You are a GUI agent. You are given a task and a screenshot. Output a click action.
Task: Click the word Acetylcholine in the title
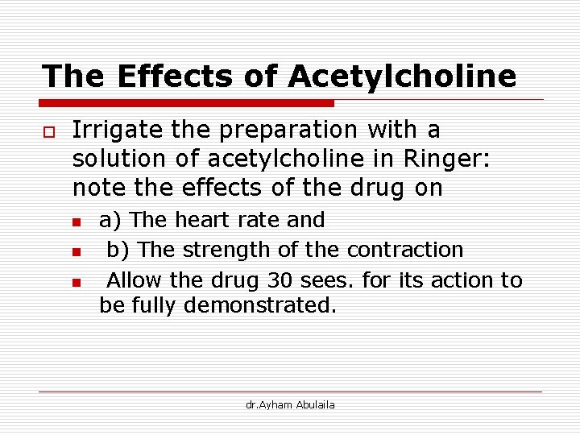pos(401,77)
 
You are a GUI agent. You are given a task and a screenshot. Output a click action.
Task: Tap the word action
pos(462,281)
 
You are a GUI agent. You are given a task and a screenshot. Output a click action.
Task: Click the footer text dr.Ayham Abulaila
pos(290,404)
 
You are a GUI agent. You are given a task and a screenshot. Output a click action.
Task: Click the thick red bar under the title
pos(187,103)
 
